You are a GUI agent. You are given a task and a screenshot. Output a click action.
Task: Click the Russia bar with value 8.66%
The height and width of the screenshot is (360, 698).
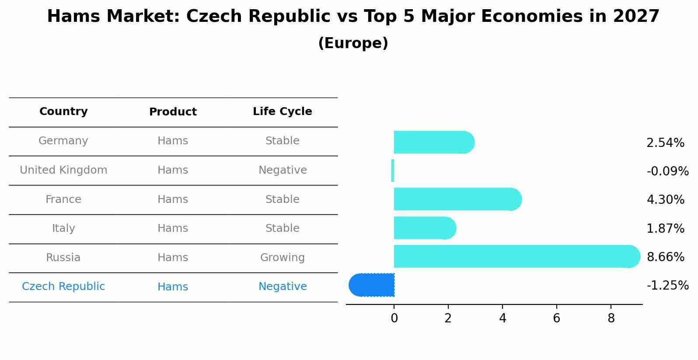click(x=516, y=256)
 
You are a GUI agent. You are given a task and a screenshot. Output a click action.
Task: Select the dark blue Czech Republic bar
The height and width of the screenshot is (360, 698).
click(x=372, y=285)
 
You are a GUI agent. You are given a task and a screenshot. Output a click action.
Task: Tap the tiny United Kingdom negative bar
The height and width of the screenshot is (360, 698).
click(x=393, y=171)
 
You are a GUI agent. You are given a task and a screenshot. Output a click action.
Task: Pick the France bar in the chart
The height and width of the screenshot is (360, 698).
click(x=457, y=199)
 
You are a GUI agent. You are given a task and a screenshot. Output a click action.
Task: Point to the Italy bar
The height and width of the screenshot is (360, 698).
click(x=424, y=228)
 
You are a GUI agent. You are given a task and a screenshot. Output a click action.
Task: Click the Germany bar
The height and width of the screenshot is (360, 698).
click(x=433, y=142)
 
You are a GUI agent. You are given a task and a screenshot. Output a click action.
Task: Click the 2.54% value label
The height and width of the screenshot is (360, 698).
click(x=665, y=143)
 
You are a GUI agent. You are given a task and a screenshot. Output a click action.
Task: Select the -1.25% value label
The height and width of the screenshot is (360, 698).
click(x=667, y=286)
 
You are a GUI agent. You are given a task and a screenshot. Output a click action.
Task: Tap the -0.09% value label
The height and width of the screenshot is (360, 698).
click(x=667, y=171)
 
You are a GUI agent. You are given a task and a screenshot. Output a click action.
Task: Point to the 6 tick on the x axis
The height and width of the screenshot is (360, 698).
click(x=556, y=318)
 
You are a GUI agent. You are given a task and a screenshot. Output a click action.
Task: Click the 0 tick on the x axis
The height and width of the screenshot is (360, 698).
click(x=394, y=318)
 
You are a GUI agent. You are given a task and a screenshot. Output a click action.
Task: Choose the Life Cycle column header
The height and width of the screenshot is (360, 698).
click(x=282, y=112)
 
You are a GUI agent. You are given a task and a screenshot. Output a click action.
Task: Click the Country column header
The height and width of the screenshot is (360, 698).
click(x=63, y=112)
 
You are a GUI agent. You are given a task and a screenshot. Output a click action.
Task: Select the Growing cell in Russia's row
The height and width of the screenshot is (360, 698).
click(x=282, y=258)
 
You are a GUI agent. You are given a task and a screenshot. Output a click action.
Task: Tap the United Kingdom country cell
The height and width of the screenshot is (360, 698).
click(x=63, y=170)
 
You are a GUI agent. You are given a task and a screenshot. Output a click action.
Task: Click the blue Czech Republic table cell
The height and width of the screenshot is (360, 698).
click(x=63, y=287)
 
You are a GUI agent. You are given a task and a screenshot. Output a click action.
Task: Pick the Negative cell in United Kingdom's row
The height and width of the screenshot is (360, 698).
click(x=282, y=170)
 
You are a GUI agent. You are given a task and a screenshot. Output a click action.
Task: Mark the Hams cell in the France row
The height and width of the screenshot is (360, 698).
click(x=173, y=199)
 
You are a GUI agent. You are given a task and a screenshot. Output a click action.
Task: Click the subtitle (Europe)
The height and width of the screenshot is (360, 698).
click(x=353, y=43)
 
